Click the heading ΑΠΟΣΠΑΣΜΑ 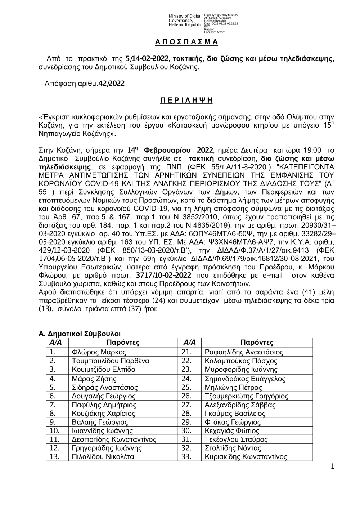tap(186, 42)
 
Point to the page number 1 tap(332, 467)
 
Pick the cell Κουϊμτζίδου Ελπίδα tap(104, 369)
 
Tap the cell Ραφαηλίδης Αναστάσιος tap(244, 352)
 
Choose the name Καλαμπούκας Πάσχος tap(241, 361)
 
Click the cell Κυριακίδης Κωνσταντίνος tap(246, 457)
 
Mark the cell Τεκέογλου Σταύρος tap(236, 439)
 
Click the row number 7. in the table tap(53, 405)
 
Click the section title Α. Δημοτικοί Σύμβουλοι tap(80, 334)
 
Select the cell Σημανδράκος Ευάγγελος tap(245, 378)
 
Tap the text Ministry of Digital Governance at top tap(185, 20)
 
